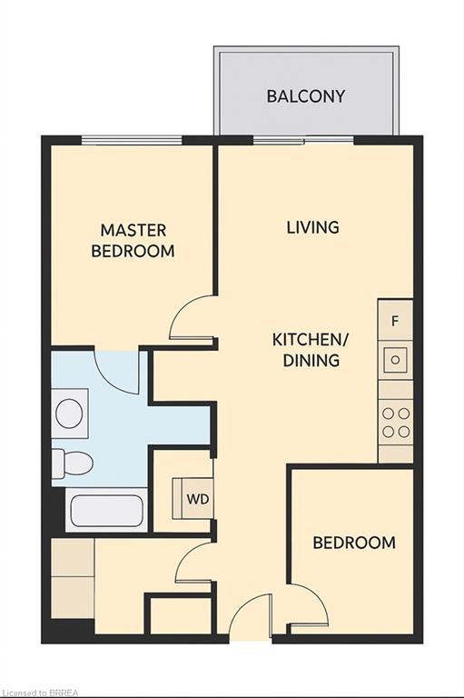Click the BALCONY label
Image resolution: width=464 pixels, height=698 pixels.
(x=305, y=96)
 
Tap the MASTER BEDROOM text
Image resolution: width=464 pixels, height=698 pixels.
(x=133, y=241)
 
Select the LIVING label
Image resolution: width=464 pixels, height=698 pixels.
(x=312, y=227)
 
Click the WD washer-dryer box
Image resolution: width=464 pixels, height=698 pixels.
(x=195, y=499)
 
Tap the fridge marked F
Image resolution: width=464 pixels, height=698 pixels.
(x=395, y=321)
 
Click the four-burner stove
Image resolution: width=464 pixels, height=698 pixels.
(x=396, y=421)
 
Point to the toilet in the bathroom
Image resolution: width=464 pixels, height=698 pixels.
(x=72, y=463)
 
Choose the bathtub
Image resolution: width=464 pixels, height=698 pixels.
(x=107, y=513)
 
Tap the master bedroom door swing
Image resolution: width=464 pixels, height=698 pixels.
(x=193, y=320)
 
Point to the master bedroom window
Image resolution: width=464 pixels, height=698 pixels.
(x=132, y=140)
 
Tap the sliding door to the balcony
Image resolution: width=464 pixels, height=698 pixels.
(x=303, y=140)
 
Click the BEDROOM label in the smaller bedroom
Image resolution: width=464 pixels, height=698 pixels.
(x=354, y=543)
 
